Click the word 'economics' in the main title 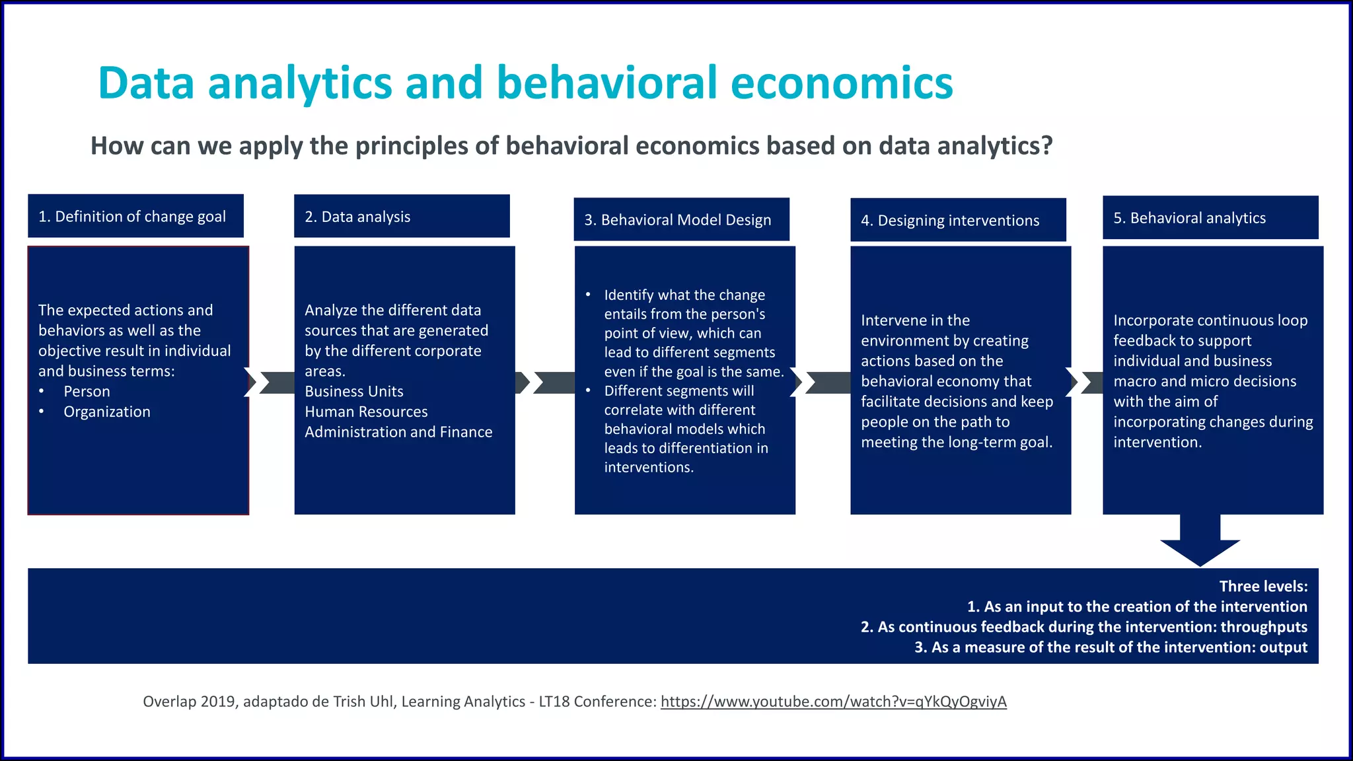(x=842, y=83)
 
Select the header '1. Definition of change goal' (x=135, y=217)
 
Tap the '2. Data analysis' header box (x=401, y=217)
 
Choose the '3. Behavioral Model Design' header (x=681, y=220)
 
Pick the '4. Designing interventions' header (x=957, y=221)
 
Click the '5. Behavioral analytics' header (x=1210, y=218)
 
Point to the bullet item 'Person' (x=87, y=392)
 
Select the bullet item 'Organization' (x=107, y=412)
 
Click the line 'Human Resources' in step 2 (x=366, y=412)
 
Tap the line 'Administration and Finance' (x=398, y=432)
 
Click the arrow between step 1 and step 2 (x=272, y=382)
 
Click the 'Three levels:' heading (x=1262, y=587)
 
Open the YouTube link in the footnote (x=833, y=702)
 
